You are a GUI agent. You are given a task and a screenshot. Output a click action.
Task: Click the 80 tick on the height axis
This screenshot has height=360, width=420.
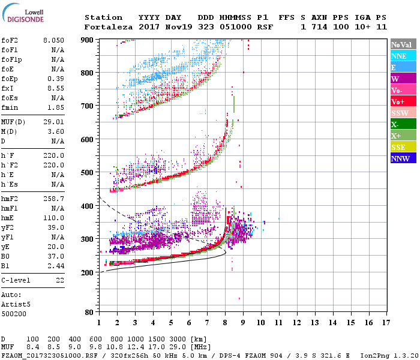[88, 313]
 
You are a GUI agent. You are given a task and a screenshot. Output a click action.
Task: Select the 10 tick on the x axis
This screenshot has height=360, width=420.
[261, 323]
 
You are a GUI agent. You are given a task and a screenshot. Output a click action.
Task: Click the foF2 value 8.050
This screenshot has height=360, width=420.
[53, 40]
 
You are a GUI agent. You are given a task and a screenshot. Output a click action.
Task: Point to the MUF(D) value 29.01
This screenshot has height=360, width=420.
[53, 122]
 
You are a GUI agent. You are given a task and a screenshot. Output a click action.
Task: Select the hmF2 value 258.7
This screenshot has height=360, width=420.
[53, 199]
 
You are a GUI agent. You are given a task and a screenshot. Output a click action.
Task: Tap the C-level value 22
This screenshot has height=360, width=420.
[60, 280]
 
